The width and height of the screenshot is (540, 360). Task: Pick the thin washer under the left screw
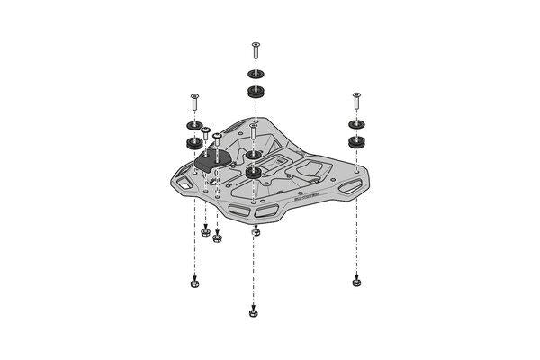pos(193,126)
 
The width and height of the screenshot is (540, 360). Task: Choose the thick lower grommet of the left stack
pos(193,143)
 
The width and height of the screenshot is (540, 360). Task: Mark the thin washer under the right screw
pos(357,124)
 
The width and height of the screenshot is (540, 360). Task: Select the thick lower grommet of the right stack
pos(357,141)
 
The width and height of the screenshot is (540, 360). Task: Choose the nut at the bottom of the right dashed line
pos(357,282)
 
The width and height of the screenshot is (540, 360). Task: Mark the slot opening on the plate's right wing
pos(346,187)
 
